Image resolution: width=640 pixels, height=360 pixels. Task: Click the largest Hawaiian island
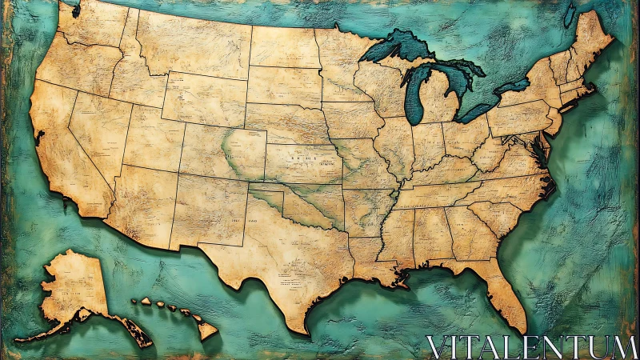click(x=206, y=329)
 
